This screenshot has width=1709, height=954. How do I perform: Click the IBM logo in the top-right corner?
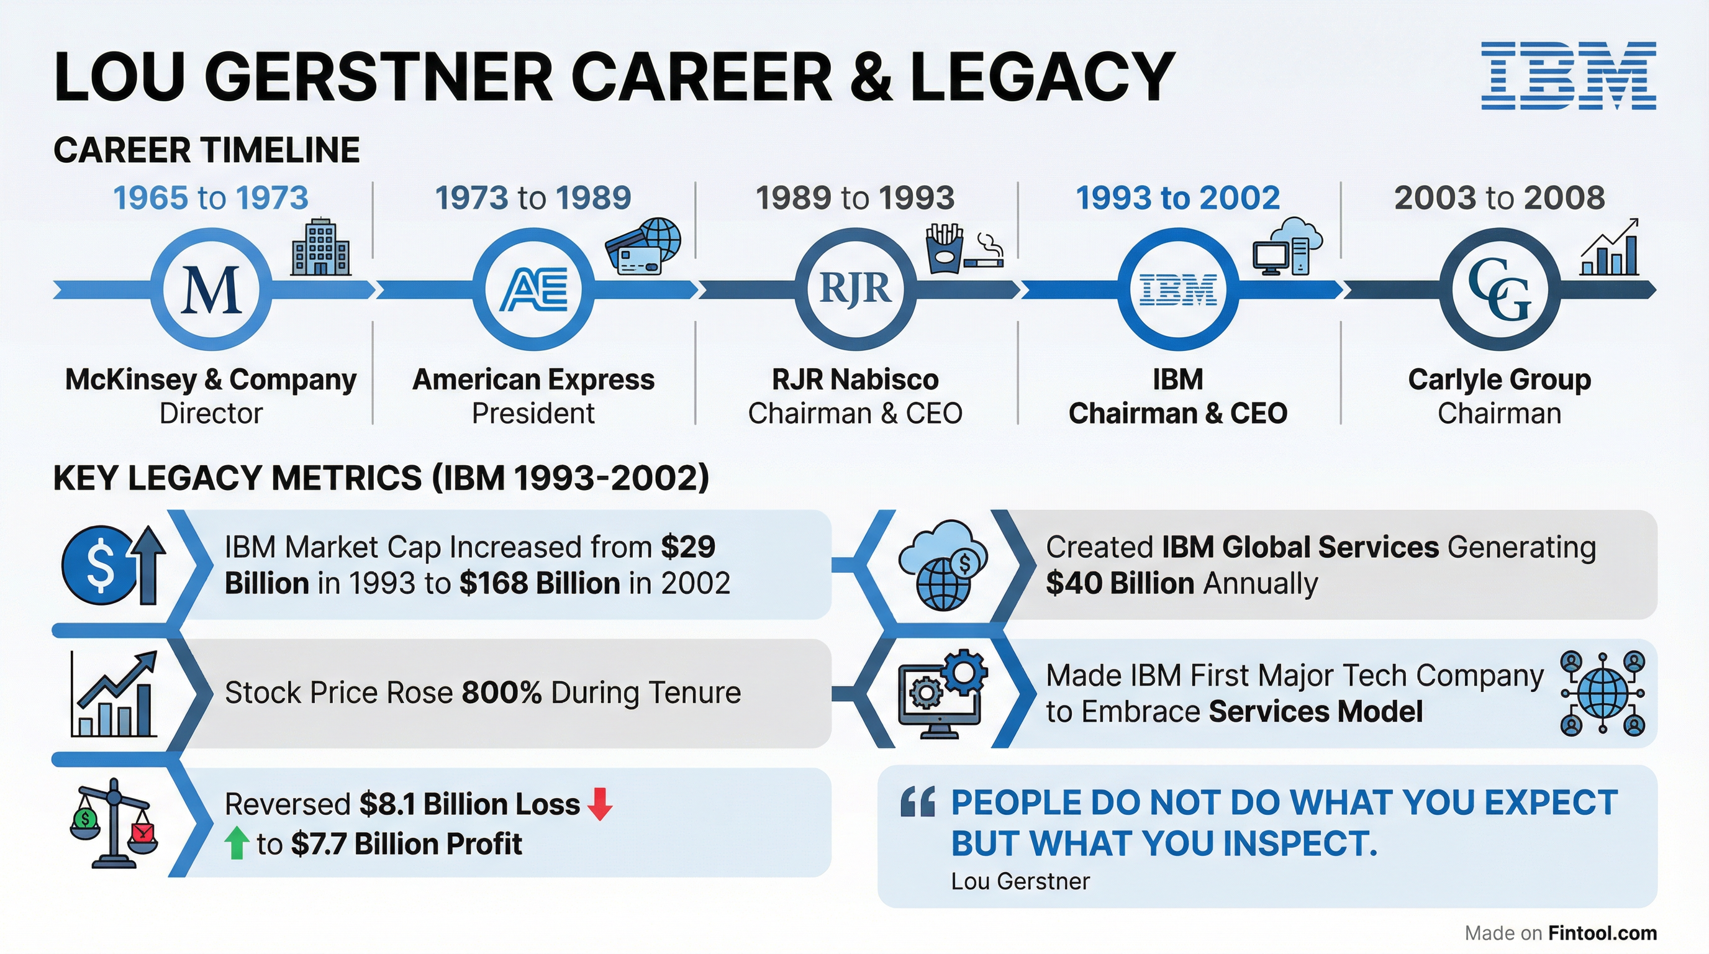1569,76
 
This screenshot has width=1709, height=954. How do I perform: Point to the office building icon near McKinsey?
320,247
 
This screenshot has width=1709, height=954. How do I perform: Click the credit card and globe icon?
643,246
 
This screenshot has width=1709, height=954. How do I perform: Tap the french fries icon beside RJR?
944,249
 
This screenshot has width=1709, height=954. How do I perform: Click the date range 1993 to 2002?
1177,198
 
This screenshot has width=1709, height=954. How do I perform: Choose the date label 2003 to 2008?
1499,198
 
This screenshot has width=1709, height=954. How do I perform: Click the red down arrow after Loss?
600,804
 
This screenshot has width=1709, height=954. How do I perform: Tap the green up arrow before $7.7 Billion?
237,843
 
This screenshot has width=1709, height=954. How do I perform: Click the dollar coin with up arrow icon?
114,565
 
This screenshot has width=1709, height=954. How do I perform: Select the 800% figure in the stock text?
502,693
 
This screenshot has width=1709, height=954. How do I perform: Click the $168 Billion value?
540,583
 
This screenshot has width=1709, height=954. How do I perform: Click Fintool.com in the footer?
1602,933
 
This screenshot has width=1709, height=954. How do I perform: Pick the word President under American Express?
533,413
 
